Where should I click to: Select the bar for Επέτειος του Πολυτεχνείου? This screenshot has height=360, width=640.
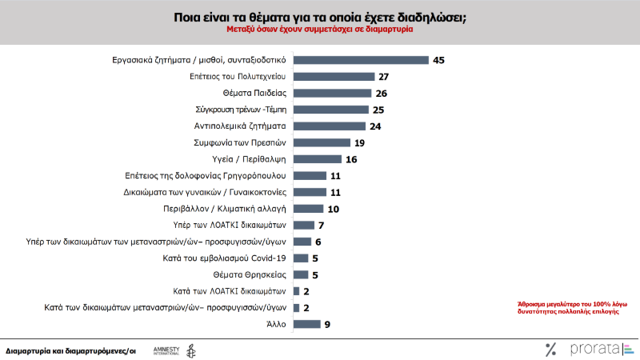click(334, 76)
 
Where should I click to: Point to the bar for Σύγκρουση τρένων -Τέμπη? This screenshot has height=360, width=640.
click(330, 110)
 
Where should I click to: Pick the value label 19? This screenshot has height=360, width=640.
click(359, 142)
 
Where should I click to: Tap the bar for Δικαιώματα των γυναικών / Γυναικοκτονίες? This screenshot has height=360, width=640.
click(310, 192)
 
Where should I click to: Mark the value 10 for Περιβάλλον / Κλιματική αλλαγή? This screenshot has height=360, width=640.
click(334, 208)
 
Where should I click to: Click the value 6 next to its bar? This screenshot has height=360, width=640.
click(318, 242)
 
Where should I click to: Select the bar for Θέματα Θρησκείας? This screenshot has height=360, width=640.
click(301, 274)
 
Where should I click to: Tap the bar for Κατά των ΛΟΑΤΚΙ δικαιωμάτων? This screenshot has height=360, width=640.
click(297, 291)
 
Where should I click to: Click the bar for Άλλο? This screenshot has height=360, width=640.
click(306, 324)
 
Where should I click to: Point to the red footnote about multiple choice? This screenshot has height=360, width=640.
click(569, 308)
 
